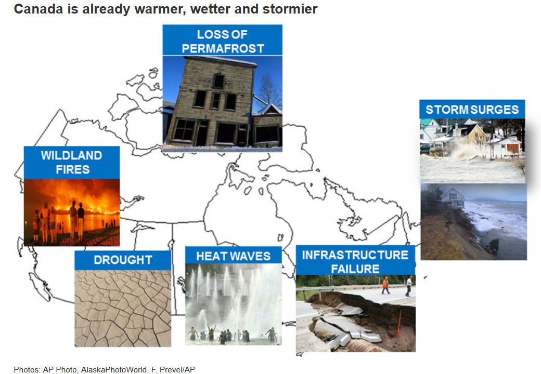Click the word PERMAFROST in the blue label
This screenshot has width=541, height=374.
coord(223,48)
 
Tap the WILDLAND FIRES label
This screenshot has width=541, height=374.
coord(72,163)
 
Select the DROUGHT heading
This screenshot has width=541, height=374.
coord(123,260)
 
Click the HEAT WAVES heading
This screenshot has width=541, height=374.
coord(233,256)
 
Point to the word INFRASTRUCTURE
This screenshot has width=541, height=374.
coord(355,255)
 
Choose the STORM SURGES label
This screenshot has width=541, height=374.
coord(472,110)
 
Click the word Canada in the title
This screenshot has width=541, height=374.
coord(38,9)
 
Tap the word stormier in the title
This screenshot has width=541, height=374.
coord(290,9)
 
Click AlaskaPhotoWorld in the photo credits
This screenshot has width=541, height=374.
coord(113,369)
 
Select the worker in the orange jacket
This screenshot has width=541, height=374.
coord(385,286)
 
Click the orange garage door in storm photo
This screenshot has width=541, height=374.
coord(512,149)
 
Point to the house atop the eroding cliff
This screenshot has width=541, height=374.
coord(453,197)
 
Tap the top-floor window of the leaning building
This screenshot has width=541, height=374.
coord(218,81)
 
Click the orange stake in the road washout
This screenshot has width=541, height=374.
coord(400,323)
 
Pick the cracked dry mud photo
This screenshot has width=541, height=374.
coord(123,308)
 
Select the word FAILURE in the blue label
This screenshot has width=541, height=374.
coord(355,269)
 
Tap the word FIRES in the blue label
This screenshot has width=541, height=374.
coord(72,169)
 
